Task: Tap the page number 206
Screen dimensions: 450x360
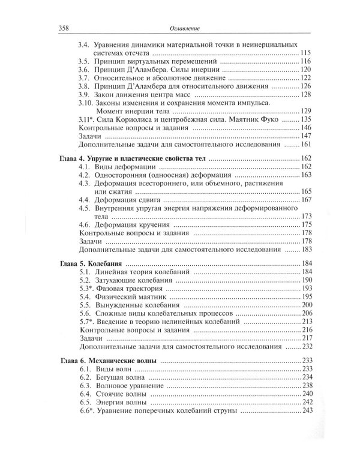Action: point(307,313)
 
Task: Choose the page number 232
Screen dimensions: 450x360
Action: point(307,347)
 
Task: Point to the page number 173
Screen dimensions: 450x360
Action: point(307,215)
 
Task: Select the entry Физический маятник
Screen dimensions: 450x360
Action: point(134,297)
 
